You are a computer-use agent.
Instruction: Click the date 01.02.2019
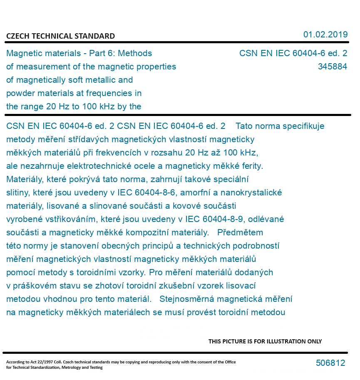[x=325, y=35]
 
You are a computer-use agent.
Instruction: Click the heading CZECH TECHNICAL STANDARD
[x=60, y=36]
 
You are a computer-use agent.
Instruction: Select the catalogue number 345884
[x=332, y=67]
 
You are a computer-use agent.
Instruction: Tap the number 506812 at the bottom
[x=330, y=363]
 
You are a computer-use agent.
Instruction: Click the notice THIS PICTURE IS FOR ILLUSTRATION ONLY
[x=265, y=341]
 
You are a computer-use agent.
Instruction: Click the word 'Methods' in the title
[x=136, y=53]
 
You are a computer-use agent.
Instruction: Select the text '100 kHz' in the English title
[x=98, y=106]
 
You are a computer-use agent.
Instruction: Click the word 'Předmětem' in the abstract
[x=240, y=232]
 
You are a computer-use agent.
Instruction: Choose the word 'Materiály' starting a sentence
[x=24, y=179]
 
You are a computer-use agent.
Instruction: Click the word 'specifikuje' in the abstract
[x=303, y=126]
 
